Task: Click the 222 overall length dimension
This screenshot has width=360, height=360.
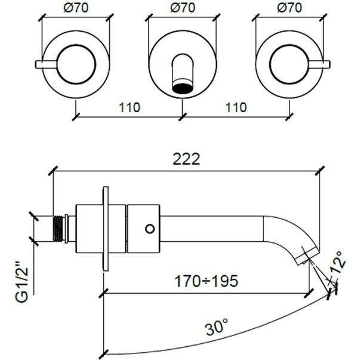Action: (x=186, y=159)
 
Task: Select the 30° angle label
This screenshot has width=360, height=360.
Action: (x=217, y=327)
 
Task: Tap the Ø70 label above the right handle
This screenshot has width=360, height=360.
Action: (x=290, y=9)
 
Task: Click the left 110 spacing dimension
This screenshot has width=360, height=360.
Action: (x=129, y=108)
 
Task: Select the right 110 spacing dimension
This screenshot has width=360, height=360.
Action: (x=236, y=108)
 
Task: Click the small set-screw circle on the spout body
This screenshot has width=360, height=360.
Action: (x=150, y=228)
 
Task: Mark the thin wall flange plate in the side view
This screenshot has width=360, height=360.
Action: (x=106, y=227)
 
